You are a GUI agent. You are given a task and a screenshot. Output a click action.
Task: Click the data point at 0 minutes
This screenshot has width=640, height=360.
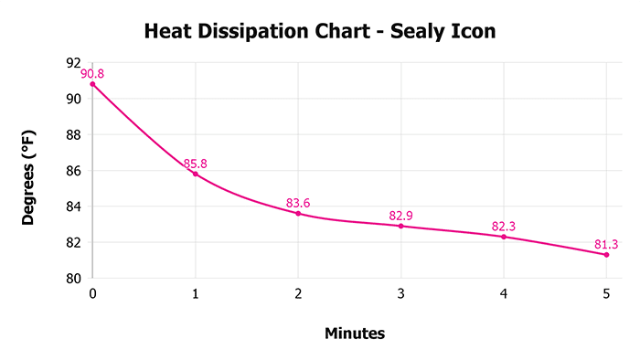point(92,84)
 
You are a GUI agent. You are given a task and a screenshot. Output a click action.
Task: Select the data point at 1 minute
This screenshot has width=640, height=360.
point(195,174)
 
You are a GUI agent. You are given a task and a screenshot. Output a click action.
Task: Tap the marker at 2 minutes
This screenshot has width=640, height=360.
point(298,213)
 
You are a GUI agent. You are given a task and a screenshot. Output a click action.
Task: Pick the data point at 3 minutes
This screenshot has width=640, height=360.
point(400,226)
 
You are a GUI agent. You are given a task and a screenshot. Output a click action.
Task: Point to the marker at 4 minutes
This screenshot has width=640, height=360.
point(504,237)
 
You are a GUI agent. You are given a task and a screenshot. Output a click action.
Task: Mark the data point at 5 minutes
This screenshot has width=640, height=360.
point(606,254)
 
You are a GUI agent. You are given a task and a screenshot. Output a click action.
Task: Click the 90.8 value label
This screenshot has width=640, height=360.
point(92,73)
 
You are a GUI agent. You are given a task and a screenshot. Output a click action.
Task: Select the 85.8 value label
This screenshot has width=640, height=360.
point(195,164)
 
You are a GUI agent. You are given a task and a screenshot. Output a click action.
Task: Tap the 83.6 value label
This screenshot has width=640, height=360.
point(298,203)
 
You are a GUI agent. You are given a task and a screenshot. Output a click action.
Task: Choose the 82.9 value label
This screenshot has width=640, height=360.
point(400,216)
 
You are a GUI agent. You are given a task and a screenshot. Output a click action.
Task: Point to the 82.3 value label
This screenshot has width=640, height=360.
point(504,227)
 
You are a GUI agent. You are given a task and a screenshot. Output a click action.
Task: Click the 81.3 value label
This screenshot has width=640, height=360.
point(606,244)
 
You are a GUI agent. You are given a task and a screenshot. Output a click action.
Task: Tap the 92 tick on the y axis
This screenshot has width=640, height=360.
point(74,63)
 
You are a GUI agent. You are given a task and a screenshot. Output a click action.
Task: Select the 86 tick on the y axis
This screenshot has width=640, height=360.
point(74,171)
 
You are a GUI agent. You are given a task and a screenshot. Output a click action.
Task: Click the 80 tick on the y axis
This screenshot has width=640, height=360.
point(74,279)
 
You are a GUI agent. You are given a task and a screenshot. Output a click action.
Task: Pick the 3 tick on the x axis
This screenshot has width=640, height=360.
point(400,293)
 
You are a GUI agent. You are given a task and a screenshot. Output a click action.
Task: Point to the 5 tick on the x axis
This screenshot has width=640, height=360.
point(606,293)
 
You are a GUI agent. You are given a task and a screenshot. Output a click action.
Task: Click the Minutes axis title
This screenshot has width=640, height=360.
point(355,334)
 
